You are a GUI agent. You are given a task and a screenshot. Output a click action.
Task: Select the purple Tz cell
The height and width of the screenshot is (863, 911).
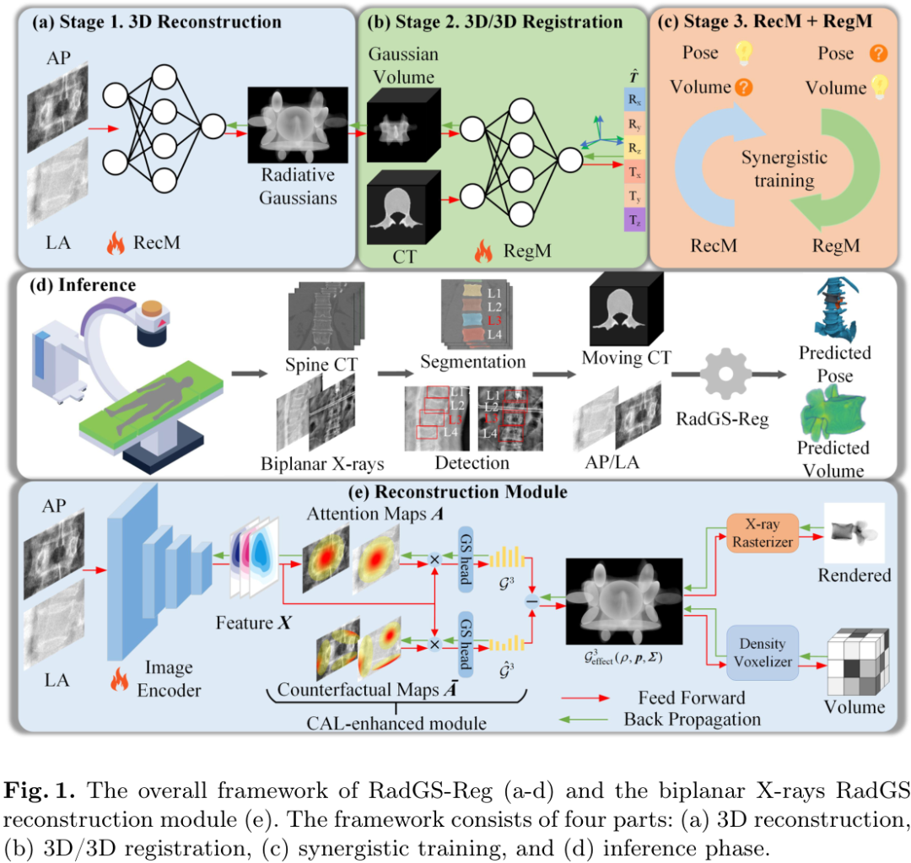coord(633,220)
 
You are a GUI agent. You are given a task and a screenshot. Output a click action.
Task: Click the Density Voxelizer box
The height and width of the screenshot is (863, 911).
coord(762,655)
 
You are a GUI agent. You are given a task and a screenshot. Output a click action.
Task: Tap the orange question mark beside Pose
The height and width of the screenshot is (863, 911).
coord(877,53)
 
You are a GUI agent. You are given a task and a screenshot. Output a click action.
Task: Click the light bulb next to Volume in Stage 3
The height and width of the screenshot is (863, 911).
coord(879,86)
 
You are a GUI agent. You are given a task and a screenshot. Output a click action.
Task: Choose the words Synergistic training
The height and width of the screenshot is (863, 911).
coord(784,169)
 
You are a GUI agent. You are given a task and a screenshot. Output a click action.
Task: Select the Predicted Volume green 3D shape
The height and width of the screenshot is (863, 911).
coord(836,411)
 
